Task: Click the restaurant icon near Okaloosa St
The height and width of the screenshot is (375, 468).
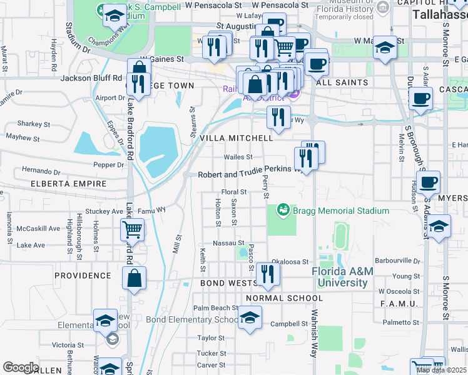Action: point(268,274)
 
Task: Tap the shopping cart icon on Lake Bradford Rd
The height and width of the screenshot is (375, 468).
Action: point(133,231)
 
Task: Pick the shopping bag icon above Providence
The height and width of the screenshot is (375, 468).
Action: point(135,278)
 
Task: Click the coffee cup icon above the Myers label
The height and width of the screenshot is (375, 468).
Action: point(429,182)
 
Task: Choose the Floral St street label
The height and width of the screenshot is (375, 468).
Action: point(236,192)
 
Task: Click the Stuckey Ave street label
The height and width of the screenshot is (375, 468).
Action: point(109,211)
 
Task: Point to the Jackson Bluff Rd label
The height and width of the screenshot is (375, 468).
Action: point(91,78)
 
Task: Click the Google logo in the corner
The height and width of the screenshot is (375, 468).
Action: point(20,367)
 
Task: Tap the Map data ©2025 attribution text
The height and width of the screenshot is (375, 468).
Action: point(442,370)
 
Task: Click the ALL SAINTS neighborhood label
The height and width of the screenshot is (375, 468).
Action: point(342,82)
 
